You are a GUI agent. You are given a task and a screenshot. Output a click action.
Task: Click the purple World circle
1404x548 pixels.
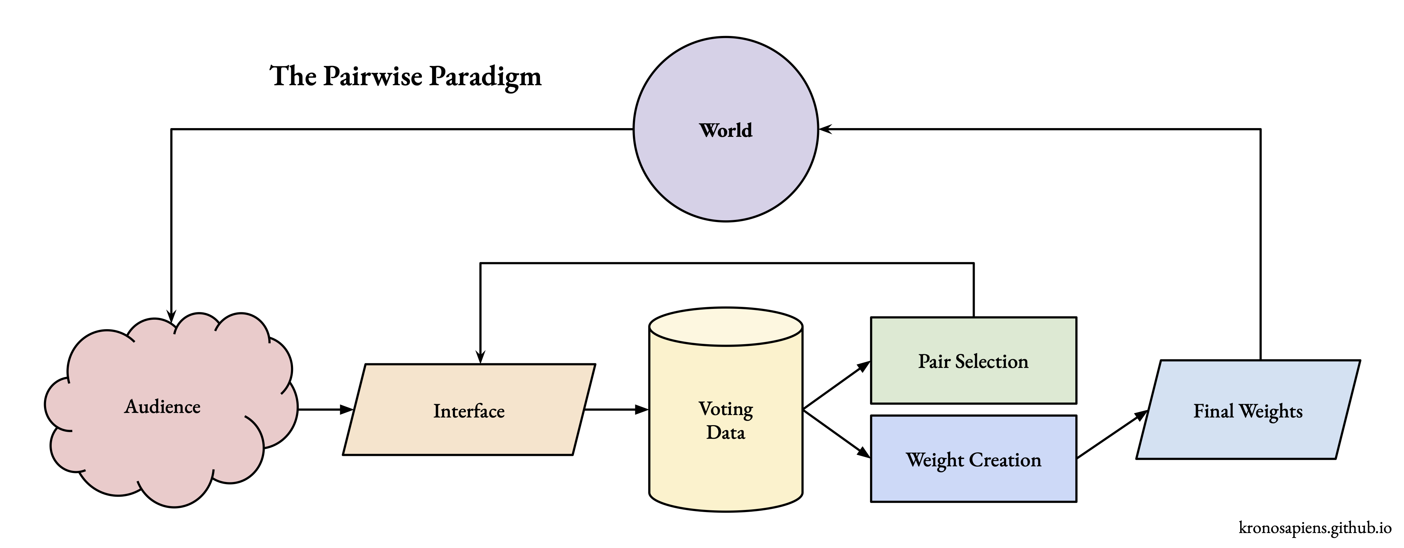pos(725,163)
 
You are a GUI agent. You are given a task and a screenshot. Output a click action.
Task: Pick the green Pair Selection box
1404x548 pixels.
pos(973,381)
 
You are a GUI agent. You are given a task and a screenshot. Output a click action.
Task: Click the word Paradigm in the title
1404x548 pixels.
pos(485,76)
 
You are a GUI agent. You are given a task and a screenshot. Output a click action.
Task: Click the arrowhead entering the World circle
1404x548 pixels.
pos(825,129)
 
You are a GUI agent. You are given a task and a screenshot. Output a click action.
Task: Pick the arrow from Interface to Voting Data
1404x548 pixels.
pos(616,409)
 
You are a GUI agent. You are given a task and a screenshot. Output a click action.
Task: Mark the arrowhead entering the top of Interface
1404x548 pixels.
pos(480,357)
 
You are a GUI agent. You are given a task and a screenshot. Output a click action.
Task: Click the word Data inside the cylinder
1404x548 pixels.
pos(725,432)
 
